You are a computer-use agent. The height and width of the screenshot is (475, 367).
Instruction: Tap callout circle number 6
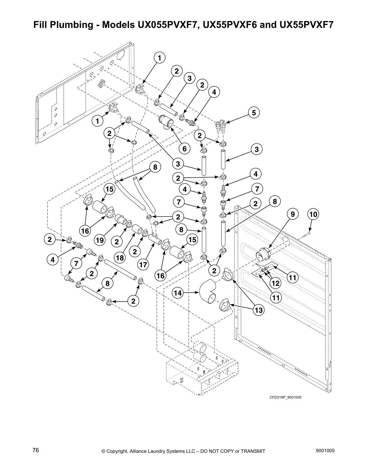184,148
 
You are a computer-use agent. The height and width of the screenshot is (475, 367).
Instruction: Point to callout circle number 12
275,282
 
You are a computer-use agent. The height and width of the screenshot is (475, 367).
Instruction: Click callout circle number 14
178,292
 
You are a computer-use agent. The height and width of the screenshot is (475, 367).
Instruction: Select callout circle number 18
120,258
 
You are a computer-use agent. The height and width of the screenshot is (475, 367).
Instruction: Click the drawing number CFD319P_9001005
285,397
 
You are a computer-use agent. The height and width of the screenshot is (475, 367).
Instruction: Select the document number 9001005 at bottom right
325,450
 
